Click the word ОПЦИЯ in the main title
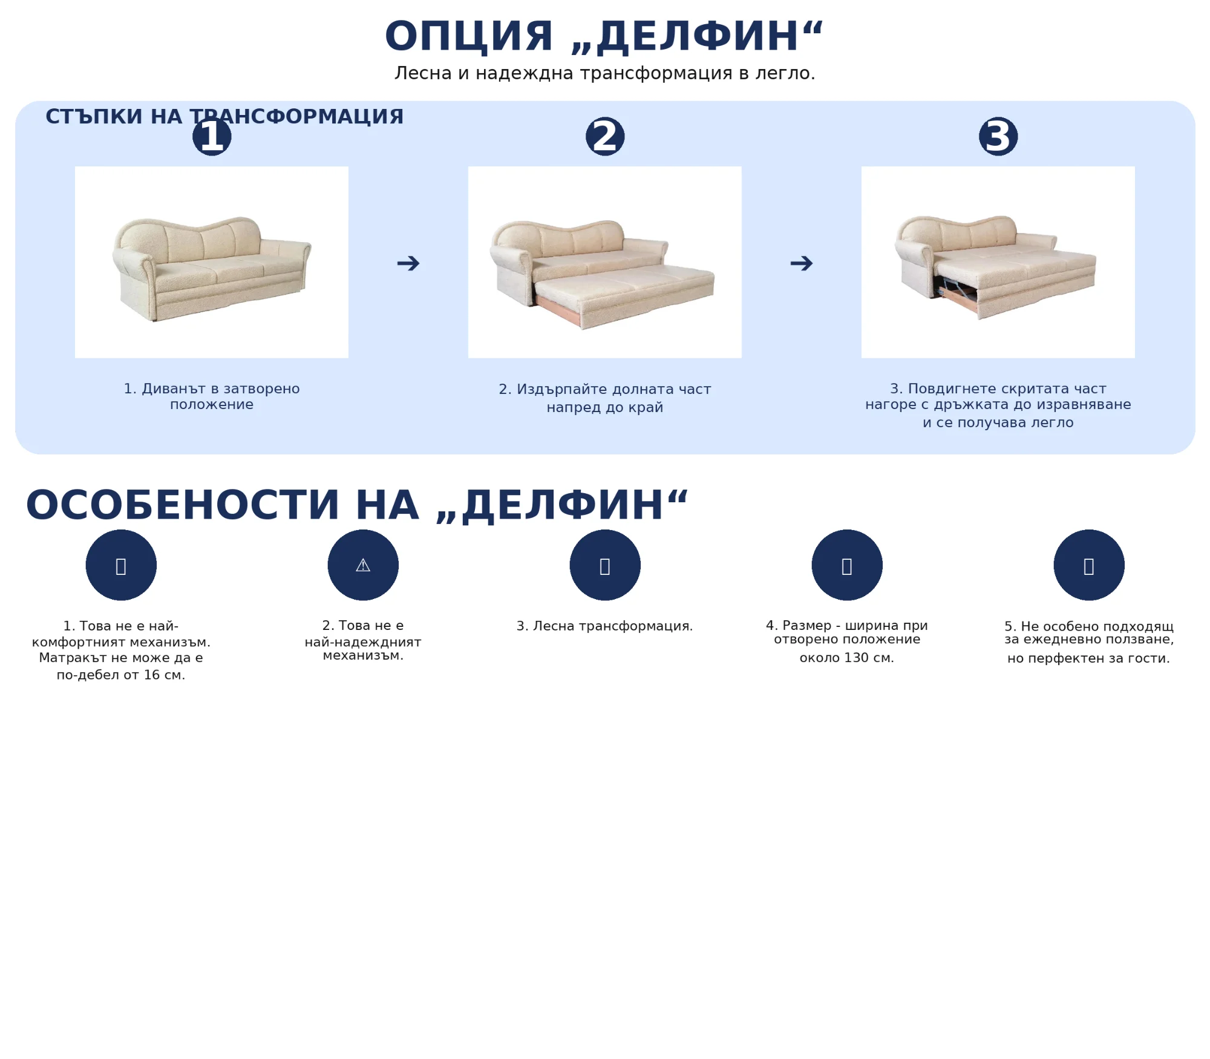pyautogui.click(x=469, y=36)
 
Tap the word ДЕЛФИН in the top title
pyautogui.click(x=698, y=36)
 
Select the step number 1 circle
pyautogui.click(x=212, y=136)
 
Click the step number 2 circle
pyautogui.click(x=605, y=136)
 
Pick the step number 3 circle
pyautogui.click(x=998, y=136)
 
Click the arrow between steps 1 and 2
pyautogui.click(x=408, y=263)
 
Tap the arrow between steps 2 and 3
pyautogui.click(x=802, y=263)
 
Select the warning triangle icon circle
pyautogui.click(x=363, y=565)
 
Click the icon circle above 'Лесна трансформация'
pyautogui.click(x=605, y=565)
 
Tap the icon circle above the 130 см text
pyautogui.click(x=847, y=565)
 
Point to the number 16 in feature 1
pyautogui.click(x=151, y=675)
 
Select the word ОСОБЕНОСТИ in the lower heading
pyautogui.click(x=182, y=505)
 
